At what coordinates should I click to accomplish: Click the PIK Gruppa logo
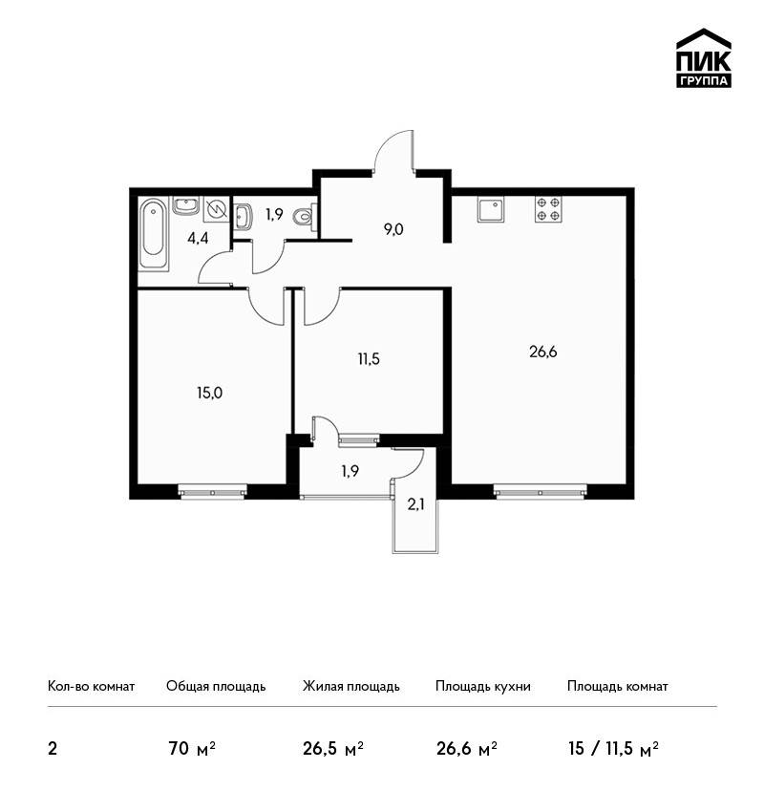(x=704, y=58)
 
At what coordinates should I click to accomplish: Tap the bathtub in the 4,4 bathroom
(x=154, y=233)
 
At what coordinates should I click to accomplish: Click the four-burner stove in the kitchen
(x=549, y=209)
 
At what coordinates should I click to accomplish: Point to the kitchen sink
(x=491, y=210)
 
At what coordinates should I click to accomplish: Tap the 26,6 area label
(x=543, y=353)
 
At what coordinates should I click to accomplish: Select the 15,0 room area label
(x=210, y=393)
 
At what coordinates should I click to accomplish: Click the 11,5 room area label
(x=369, y=359)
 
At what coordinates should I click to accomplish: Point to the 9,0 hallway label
(x=393, y=229)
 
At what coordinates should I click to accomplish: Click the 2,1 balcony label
(x=415, y=505)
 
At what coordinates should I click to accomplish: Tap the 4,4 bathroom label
(x=199, y=239)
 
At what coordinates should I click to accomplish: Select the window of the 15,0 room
(x=212, y=490)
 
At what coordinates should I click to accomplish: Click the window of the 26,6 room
(x=541, y=490)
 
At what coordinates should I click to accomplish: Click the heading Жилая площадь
(x=350, y=686)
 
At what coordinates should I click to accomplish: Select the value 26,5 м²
(x=333, y=749)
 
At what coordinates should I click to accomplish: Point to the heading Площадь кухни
(x=483, y=686)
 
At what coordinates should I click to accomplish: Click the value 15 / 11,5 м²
(x=613, y=749)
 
